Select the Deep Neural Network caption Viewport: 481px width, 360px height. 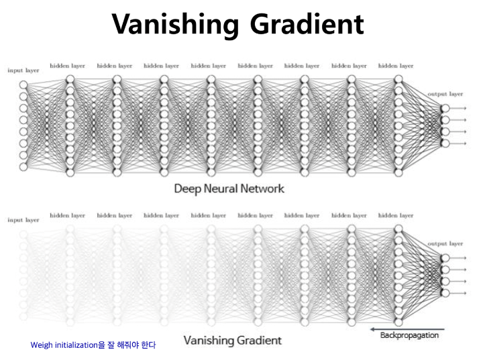tap(229, 188)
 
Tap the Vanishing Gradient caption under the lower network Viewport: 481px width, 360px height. tap(232, 340)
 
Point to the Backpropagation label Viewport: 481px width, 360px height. tap(409, 335)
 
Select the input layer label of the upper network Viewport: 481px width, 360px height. tap(23, 70)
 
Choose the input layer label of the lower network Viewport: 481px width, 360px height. tap(23, 220)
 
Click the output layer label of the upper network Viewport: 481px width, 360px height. tap(445, 95)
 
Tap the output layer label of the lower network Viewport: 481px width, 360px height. tap(445, 243)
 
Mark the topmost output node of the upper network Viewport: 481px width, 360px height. tap(443, 109)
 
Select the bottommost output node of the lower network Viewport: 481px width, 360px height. tap(443, 292)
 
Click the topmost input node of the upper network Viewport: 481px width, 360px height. tap(24, 84)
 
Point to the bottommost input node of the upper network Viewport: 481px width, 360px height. tap(24, 166)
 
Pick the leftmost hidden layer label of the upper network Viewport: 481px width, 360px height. tap(67, 66)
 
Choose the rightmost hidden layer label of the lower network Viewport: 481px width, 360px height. tap(396, 215)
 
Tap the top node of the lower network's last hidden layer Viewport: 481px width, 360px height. tap(398, 229)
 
